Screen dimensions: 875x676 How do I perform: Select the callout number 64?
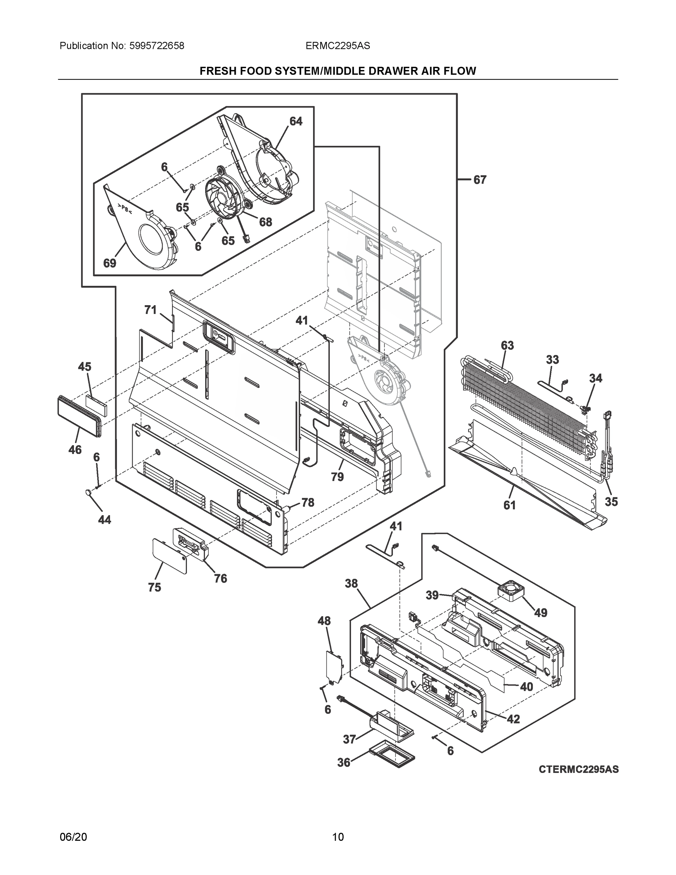(x=296, y=121)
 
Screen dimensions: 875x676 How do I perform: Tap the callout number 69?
(x=109, y=263)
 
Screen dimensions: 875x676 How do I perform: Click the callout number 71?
(x=150, y=310)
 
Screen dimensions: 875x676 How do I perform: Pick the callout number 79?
(x=337, y=477)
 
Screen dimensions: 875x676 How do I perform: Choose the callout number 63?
(x=507, y=345)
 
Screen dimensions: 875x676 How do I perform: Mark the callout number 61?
(x=509, y=506)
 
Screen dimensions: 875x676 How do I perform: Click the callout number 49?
(x=541, y=612)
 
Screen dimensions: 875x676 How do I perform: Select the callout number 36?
(x=344, y=762)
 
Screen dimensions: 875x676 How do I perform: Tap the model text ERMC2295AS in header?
(x=337, y=46)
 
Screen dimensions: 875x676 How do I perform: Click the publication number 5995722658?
(x=157, y=46)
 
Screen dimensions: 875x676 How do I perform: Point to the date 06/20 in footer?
(x=73, y=837)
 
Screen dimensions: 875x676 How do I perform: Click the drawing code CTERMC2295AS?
(x=578, y=769)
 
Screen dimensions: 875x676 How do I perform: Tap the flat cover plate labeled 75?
(x=169, y=556)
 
